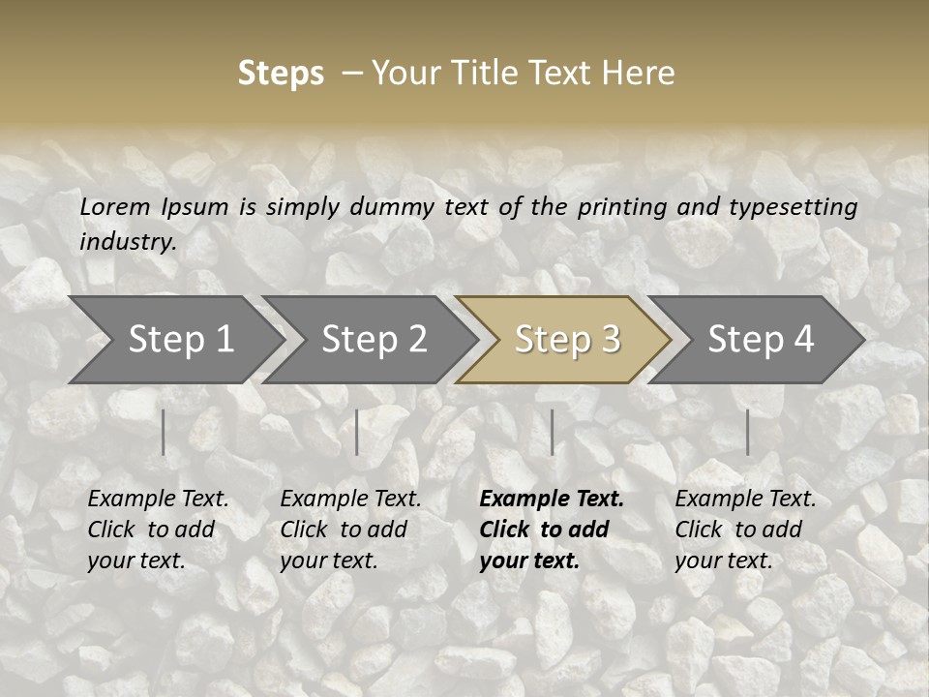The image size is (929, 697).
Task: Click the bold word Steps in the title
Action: tap(281, 74)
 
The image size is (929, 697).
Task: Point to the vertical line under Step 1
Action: tap(164, 432)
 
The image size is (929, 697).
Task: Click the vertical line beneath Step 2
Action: tap(357, 432)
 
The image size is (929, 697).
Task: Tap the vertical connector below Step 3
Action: tap(552, 432)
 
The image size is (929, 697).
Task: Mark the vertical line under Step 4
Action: tap(747, 432)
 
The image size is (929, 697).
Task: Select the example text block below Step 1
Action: tap(158, 529)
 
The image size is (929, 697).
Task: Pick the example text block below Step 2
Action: tap(350, 529)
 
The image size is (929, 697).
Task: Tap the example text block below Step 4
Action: tap(745, 529)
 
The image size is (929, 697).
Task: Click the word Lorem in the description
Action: tap(115, 207)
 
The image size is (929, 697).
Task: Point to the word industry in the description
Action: tap(128, 242)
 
